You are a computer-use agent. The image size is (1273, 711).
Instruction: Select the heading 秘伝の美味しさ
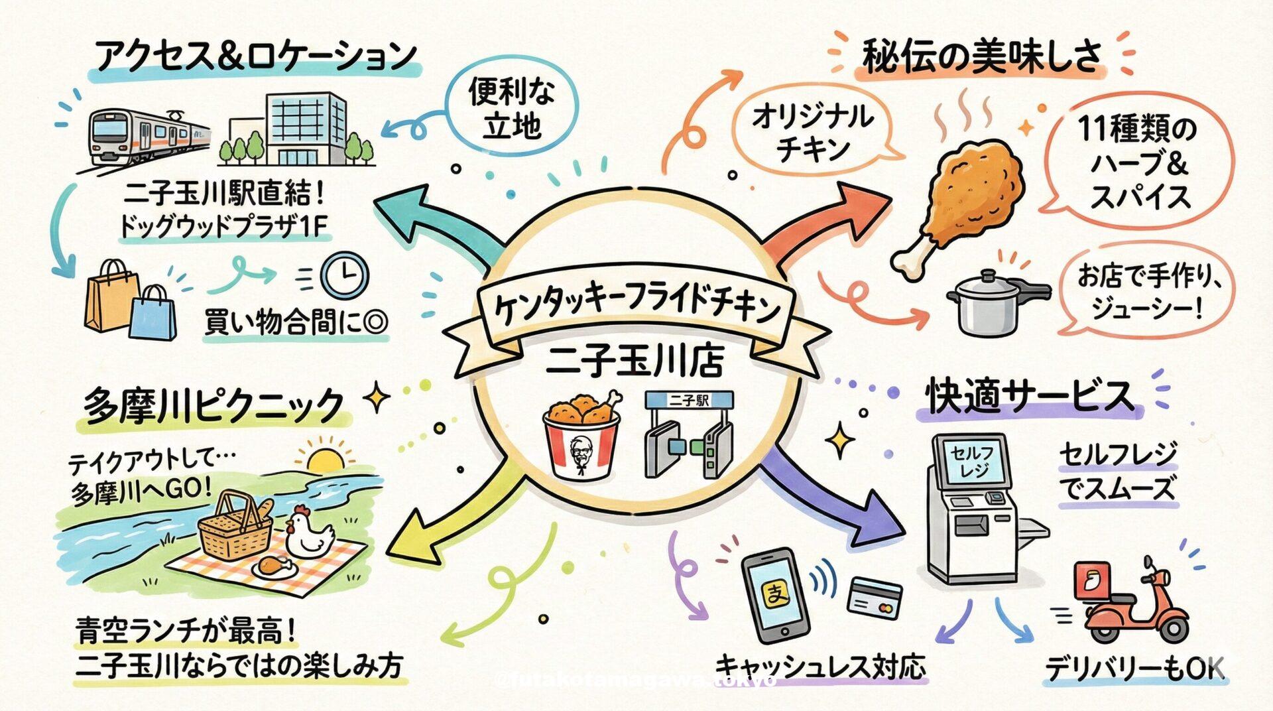tap(981, 56)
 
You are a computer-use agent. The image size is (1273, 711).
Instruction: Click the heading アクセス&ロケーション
tap(255, 56)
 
